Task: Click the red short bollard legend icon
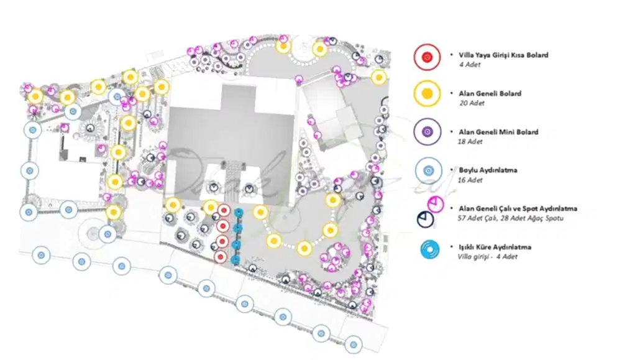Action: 427,57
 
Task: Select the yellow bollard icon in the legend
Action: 427,95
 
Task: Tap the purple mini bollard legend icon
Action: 427,132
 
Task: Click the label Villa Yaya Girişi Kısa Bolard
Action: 503,55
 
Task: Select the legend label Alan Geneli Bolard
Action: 490,93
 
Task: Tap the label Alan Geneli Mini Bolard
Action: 498,132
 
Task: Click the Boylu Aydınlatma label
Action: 488,170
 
